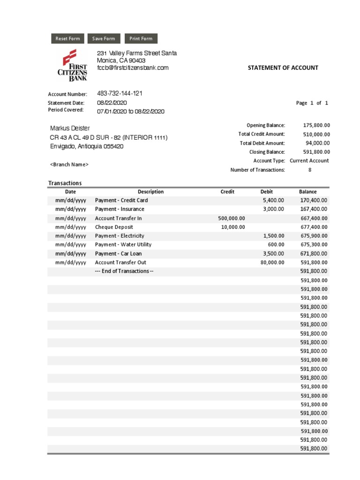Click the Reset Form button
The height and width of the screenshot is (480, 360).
point(68,39)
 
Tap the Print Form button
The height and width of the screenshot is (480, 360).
point(141,39)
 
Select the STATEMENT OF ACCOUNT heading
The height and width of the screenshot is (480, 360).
point(283,67)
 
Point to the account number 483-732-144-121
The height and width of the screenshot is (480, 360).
point(120,94)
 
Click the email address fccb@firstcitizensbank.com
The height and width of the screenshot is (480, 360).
point(133,68)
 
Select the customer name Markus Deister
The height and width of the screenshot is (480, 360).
point(70,128)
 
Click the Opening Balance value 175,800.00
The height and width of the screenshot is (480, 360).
point(316,125)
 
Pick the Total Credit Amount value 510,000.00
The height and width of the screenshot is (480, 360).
point(316,134)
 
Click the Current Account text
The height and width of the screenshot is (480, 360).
point(309,161)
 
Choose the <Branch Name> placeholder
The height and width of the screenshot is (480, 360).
point(69,165)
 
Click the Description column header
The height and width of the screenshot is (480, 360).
point(150,192)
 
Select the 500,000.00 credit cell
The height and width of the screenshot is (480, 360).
point(232,218)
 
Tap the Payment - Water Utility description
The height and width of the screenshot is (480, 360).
point(123,245)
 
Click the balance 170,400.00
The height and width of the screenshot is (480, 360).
point(314,201)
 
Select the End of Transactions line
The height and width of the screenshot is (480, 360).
point(124,271)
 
